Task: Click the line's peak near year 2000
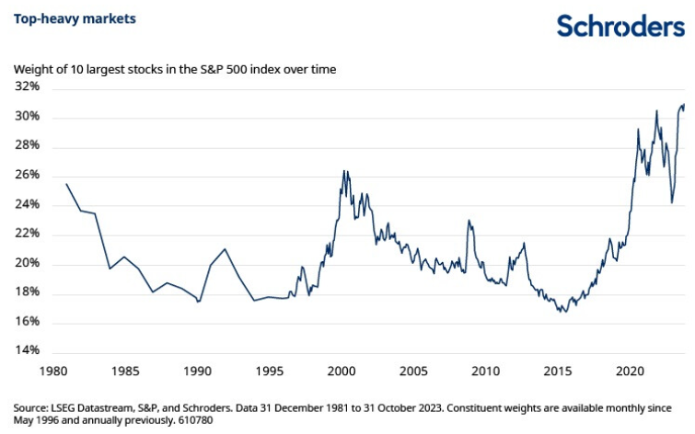344,171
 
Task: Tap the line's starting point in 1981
67,184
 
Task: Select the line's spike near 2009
469,221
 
